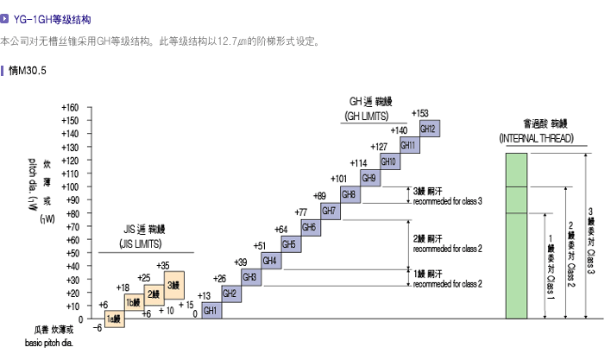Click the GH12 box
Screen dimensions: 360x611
(429, 129)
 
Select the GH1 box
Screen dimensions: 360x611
(211, 309)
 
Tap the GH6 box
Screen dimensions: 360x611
(309, 227)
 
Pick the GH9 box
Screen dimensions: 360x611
(368, 178)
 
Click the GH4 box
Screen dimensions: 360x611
(269, 260)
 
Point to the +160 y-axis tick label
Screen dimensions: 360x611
(70, 108)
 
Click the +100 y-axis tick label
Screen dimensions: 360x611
(70, 187)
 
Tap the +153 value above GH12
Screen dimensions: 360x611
(420, 113)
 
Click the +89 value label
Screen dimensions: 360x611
(319, 196)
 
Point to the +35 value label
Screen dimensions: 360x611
(163, 264)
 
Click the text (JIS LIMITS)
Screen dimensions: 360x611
(144, 244)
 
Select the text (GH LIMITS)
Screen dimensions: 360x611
(367, 115)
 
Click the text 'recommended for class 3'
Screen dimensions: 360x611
(447, 201)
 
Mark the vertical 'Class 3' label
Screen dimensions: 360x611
(590, 256)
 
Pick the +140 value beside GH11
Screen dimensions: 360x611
(399, 130)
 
